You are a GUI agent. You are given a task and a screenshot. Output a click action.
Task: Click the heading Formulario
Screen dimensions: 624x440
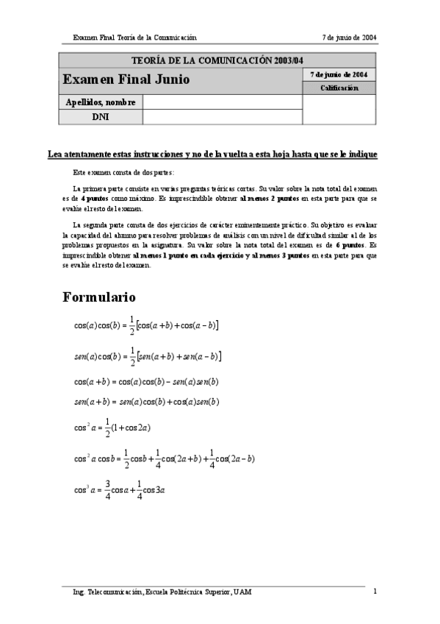(x=99, y=297)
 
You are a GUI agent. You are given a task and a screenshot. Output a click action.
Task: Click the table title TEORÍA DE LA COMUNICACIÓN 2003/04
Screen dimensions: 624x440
(x=217, y=60)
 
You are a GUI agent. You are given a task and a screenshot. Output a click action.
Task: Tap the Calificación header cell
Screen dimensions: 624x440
(x=339, y=88)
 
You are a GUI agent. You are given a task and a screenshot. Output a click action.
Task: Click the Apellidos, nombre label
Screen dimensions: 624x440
(x=101, y=102)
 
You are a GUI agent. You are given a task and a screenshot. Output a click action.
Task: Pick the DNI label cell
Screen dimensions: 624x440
(x=101, y=116)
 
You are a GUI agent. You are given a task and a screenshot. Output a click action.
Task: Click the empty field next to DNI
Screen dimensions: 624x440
(x=223, y=116)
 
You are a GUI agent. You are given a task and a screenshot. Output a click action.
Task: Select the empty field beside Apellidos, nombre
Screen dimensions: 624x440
(x=223, y=102)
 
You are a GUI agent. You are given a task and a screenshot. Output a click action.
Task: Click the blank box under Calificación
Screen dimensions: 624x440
(x=339, y=109)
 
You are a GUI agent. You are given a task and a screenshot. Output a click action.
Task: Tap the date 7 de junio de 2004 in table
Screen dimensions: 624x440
(x=339, y=74)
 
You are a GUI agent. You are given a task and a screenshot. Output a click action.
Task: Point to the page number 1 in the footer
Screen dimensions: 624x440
(x=375, y=591)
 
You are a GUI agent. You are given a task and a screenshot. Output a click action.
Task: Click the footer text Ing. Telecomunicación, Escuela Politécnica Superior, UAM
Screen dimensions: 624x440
(x=162, y=592)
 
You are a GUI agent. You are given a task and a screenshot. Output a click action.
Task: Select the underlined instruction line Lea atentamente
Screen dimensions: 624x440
(x=212, y=155)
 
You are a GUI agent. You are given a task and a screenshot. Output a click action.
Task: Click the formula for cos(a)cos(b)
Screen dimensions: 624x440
(x=146, y=324)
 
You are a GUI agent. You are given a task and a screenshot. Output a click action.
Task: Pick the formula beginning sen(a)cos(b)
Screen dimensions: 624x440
(x=148, y=356)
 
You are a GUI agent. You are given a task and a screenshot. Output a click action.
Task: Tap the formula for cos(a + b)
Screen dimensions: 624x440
(x=146, y=382)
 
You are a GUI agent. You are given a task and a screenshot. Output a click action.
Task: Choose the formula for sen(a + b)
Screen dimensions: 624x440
(x=146, y=402)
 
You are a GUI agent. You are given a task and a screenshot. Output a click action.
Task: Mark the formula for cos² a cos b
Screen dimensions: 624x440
(x=165, y=458)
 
